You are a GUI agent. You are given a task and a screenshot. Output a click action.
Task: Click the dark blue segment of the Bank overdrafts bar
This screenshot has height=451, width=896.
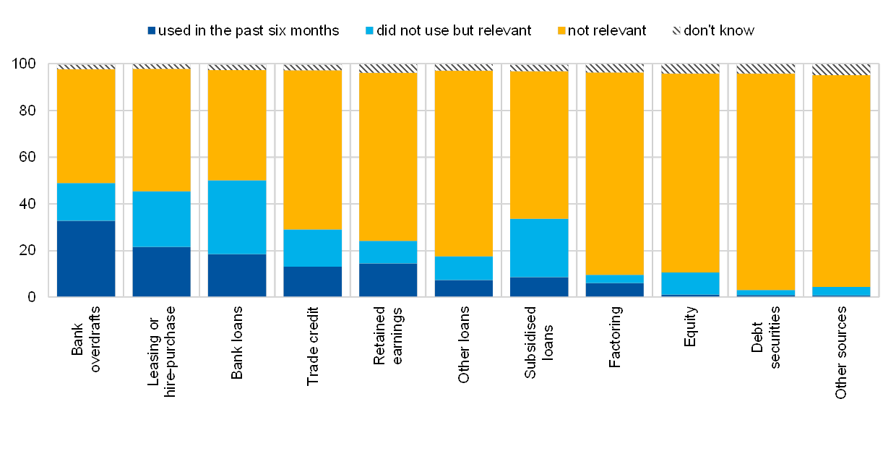click(x=86, y=258)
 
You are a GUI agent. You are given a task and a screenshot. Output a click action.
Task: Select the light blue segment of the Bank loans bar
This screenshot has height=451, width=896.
click(x=237, y=217)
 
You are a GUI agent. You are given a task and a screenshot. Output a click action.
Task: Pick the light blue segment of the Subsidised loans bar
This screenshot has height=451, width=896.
click(x=539, y=247)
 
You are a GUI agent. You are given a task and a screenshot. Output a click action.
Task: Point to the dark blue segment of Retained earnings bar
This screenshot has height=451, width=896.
click(x=388, y=280)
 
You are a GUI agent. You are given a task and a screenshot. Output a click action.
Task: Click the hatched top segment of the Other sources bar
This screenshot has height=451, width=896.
click(x=841, y=69)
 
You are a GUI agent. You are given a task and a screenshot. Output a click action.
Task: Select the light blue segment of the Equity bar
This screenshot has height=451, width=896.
click(x=690, y=283)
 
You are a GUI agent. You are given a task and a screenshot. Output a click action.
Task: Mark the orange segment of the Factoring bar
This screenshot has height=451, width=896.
click(x=614, y=173)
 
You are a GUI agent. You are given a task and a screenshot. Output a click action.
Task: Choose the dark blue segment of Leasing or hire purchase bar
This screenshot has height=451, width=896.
click(x=161, y=271)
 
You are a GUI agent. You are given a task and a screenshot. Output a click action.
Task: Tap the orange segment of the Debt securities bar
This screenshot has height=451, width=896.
click(x=765, y=181)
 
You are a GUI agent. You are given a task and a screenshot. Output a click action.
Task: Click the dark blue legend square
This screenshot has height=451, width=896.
click(x=151, y=31)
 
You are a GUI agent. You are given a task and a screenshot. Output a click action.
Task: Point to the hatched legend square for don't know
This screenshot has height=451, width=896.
click(x=676, y=31)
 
